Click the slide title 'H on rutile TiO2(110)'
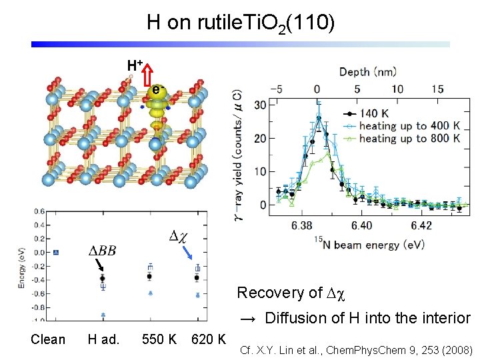(241, 23)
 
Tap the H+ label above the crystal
(135, 65)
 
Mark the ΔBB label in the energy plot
(103, 251)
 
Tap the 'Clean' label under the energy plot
(48, 339)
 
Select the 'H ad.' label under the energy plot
(103, 339)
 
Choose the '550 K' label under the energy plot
(159, 339)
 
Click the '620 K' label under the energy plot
(208, 339)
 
